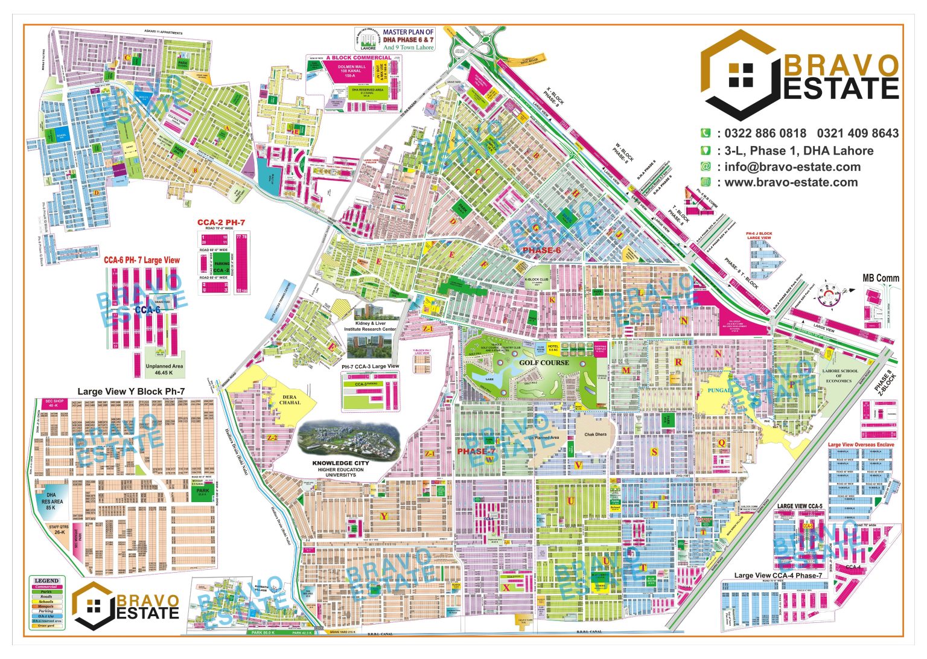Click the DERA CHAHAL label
tap(290, 400)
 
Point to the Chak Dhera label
tap(595, 435)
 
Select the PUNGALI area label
tap(720, 390)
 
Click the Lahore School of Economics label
tap(838, 376)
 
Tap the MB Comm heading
tap(881, 278)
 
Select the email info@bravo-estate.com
tap(792, 167)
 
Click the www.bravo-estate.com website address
tap(791, 182)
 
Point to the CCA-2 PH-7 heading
tap(221, 223)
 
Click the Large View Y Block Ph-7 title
tap(131, 391)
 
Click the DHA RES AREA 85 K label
tap(52, 501)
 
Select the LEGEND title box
tap(46, 581)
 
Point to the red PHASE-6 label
tap(541, 250)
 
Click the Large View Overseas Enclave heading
tap(861, 445)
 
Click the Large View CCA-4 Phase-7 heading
tap(778, 575)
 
